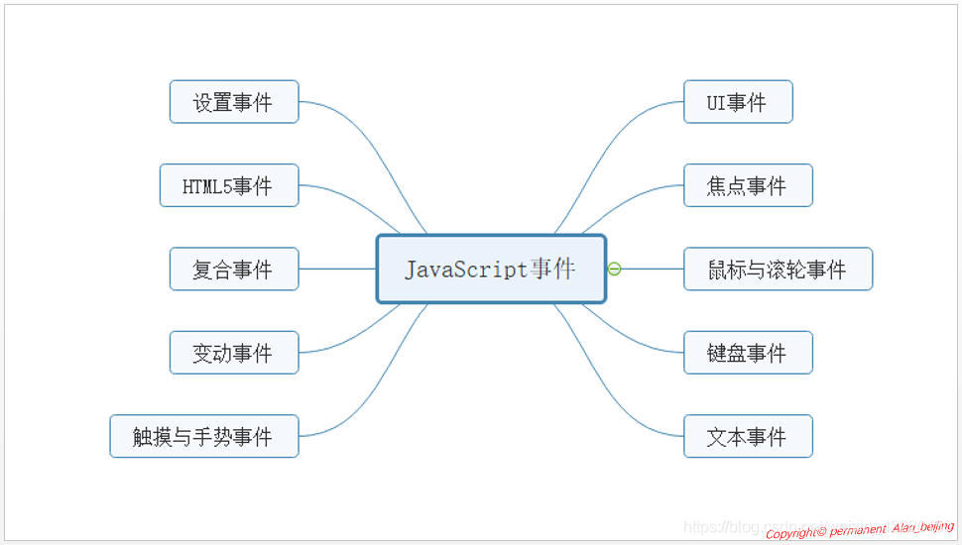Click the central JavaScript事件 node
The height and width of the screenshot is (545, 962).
click(x=491, y=269)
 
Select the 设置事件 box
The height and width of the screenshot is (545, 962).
click(x=234, y=102)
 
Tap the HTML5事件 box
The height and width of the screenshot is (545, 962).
click(x=229, y=185)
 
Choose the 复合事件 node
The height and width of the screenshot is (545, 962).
click(x=234, y=269)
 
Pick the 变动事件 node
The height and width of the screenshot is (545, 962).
click(x=234, y=353)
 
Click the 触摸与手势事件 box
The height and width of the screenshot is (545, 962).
click(x=204, y=436)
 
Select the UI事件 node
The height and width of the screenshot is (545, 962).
click(x=738, y=102)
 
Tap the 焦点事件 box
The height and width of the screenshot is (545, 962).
click(x=748, y=185)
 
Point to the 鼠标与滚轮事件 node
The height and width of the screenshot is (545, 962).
click(x=778, y=269)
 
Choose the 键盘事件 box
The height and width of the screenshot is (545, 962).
click(x=748, y=353)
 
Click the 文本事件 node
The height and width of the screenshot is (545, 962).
click(x=748, y=436)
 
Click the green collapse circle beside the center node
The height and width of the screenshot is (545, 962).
click(x=615, y=269)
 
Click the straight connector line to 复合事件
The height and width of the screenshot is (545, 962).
click(x=337, y=269)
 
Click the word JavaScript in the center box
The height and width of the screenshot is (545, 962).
click(x=465, y=269)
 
